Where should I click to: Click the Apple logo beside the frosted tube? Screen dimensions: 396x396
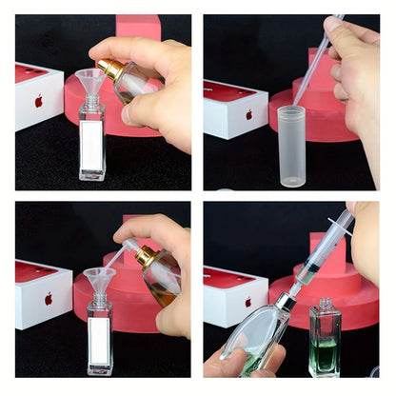pyautogui.click(x=248, y=115)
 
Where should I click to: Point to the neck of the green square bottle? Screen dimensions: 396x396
pyautogui.click(x=325, y=304)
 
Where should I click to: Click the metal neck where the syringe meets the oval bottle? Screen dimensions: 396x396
pyautogui.click(x=283, y=303)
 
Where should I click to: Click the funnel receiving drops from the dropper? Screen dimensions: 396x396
pyautogui.click(x=99, y=279)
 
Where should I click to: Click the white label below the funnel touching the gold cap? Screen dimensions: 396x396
pyautogui.click(x=92, y=142)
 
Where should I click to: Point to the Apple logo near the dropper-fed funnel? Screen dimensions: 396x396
pyautogui.click(x=49, y=298)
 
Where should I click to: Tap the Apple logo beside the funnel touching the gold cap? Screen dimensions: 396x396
pyautogui.click(x=39, y=101)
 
